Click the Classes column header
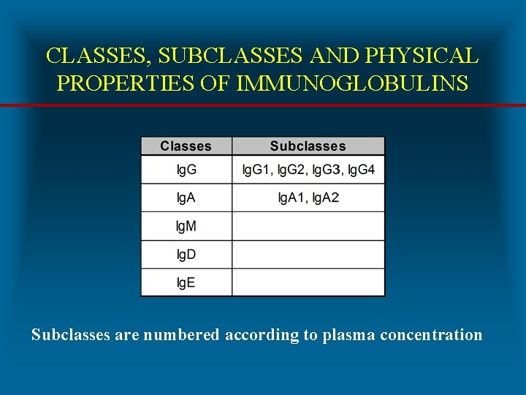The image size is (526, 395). pyautogui.click(x=186, y=146)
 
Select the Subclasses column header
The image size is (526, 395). pyautogui.click(x=308, y=146)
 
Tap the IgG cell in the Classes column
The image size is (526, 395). pyautogui.click(x=186, y=170)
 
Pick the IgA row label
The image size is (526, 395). pyautogui.click(x=186, y=198)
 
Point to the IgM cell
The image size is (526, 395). pyautogui.click(x=186, y=227)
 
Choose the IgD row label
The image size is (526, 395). pyautogui.click(x=186, y=255)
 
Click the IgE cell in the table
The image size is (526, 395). pyautogui.click(x=186, y=283)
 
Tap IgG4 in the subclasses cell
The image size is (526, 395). pyautogui.click(x=361, y=170)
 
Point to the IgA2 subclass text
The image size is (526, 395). pyautogui.click(x=326, y=198)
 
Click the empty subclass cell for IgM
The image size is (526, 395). pyautogui.click(x=308, y=227)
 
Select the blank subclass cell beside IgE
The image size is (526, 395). pyautogui.click(x=308, y=283)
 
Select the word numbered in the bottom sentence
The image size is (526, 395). pyautogui.click(x=181, y=335)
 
